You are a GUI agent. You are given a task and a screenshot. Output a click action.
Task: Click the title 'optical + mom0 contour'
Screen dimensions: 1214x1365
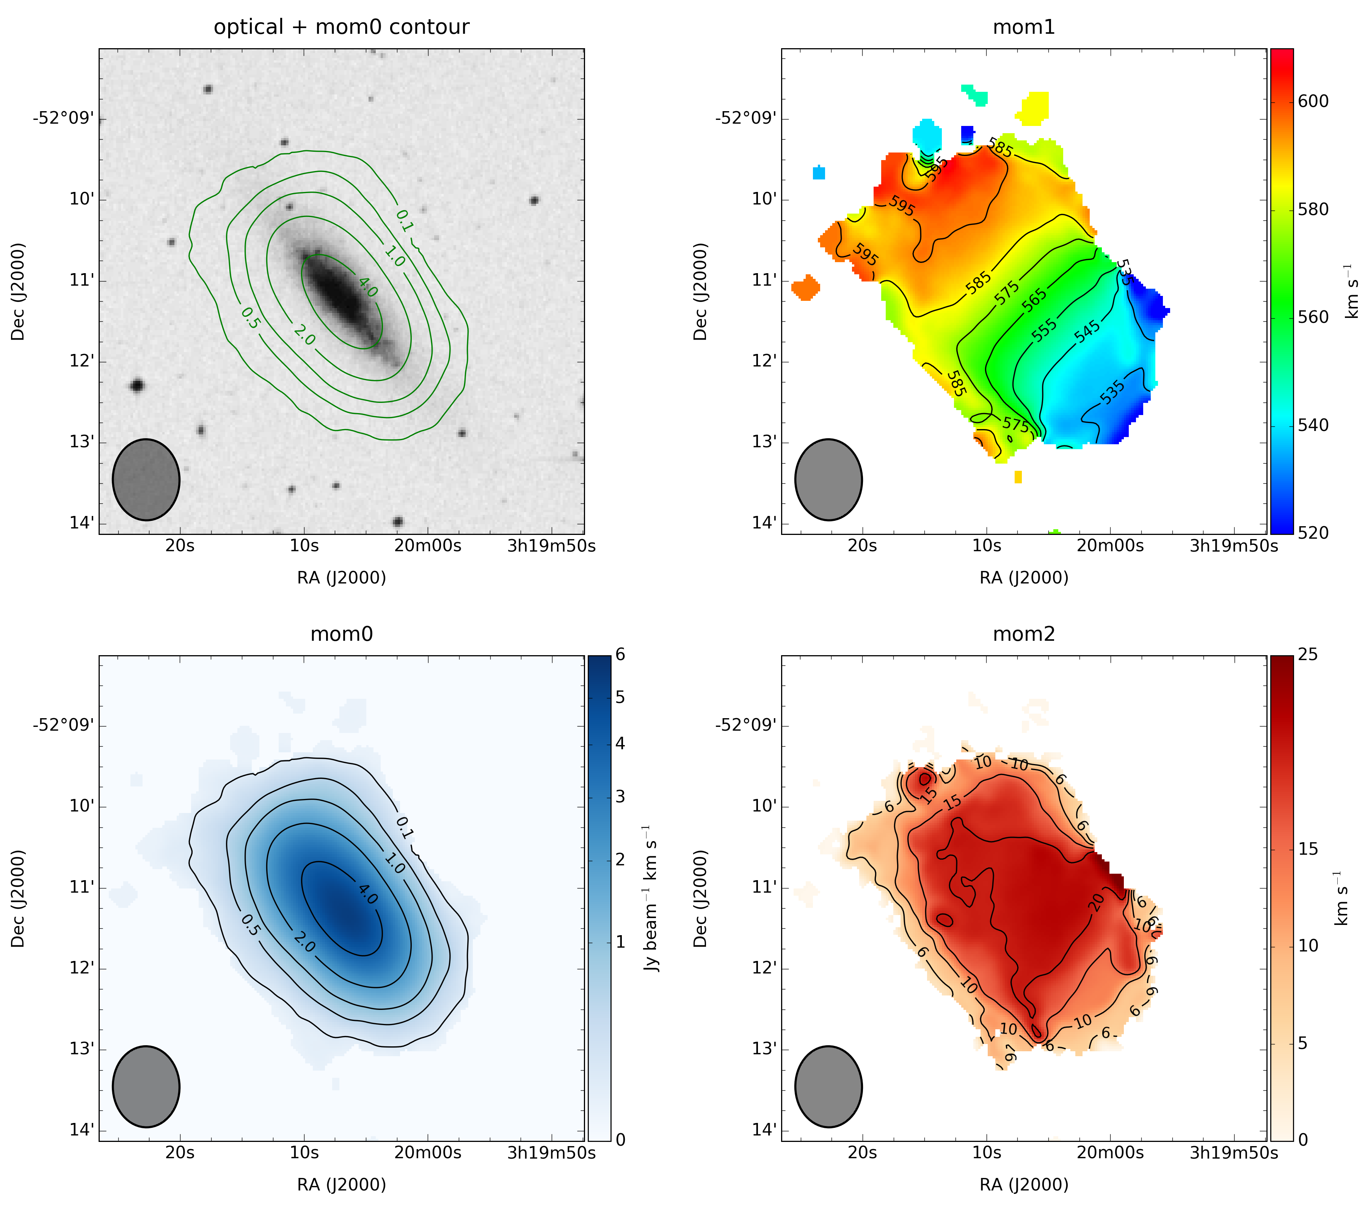click(341, 27)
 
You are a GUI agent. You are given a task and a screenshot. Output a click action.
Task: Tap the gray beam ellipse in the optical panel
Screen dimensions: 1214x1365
click(146, 480)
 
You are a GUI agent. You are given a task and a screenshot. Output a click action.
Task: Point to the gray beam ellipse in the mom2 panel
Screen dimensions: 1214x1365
click(828, 1087)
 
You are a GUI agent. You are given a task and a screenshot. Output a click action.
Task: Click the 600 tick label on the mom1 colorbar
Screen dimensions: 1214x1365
click(1313, 102)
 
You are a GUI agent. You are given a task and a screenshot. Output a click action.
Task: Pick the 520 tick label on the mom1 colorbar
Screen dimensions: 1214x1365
click(1313, 533)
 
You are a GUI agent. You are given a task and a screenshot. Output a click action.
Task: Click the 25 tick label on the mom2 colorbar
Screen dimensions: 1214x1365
click(1308, 655)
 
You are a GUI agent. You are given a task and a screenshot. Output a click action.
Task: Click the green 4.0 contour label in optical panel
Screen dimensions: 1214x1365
click(368, 287)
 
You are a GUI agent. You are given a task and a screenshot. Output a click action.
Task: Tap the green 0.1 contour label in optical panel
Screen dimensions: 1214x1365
click(405, 220)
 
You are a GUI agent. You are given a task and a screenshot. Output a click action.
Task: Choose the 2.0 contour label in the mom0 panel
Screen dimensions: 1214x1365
click(304, 942)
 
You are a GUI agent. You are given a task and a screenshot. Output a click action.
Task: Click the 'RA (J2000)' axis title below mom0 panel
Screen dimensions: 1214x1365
click(341, 1185)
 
